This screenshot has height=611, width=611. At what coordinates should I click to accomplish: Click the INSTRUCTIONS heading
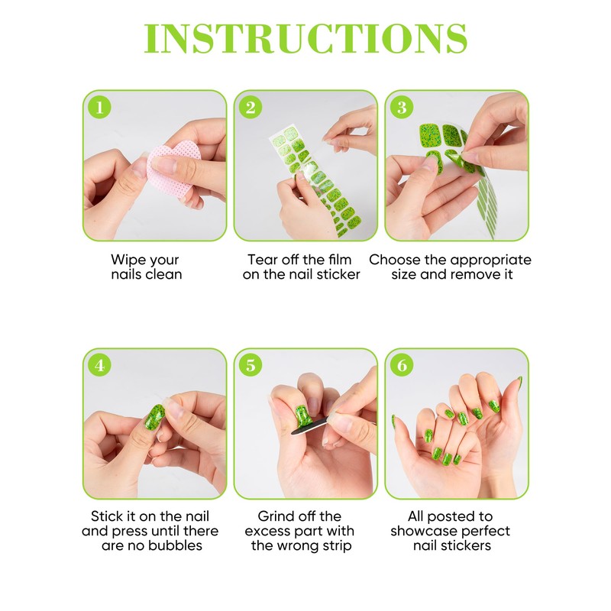coord(305,38)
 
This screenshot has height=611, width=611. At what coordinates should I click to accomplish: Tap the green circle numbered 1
coord(99,108)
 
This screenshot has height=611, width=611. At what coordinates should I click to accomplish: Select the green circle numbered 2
coord(250,108)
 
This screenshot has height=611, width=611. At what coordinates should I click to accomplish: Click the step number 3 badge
coord(401,108)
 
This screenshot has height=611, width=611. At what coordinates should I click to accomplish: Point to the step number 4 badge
coord(99,365)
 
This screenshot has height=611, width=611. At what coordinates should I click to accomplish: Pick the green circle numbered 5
coord(250,365)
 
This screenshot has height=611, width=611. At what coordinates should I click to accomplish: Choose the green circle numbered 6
coord(401,365)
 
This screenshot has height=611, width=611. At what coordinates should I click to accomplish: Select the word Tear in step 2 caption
coord(262,260)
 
